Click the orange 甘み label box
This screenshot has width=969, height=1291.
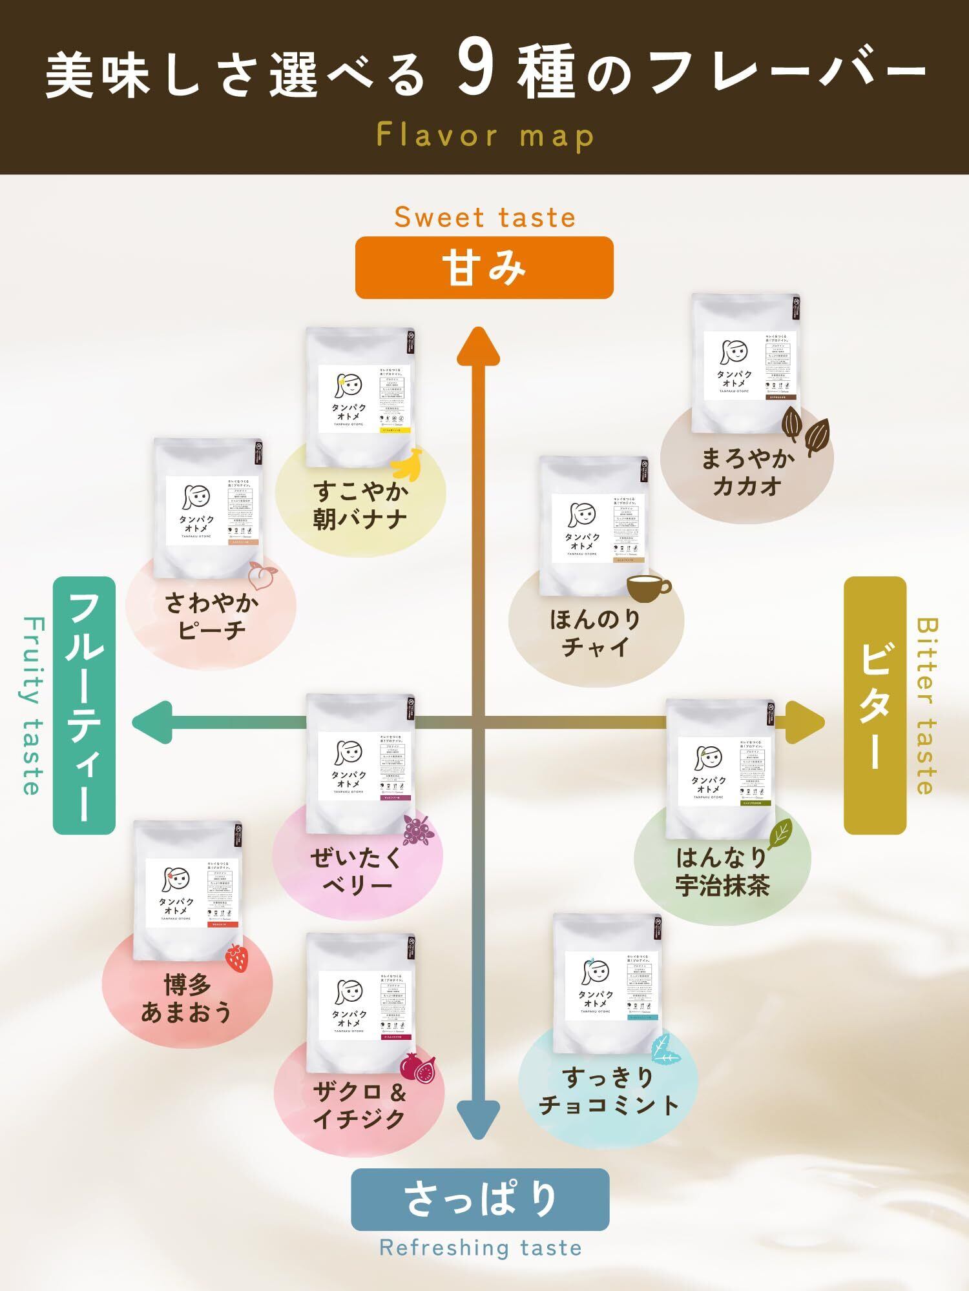tap(484, 268)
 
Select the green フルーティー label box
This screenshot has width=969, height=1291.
tap(84, 706)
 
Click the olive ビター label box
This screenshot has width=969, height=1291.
tap(875, 705)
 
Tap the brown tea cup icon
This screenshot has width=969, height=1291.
tap(648, 588)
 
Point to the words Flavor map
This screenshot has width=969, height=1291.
tap(484, 136)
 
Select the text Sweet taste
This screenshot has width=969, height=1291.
tap(484, 217)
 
